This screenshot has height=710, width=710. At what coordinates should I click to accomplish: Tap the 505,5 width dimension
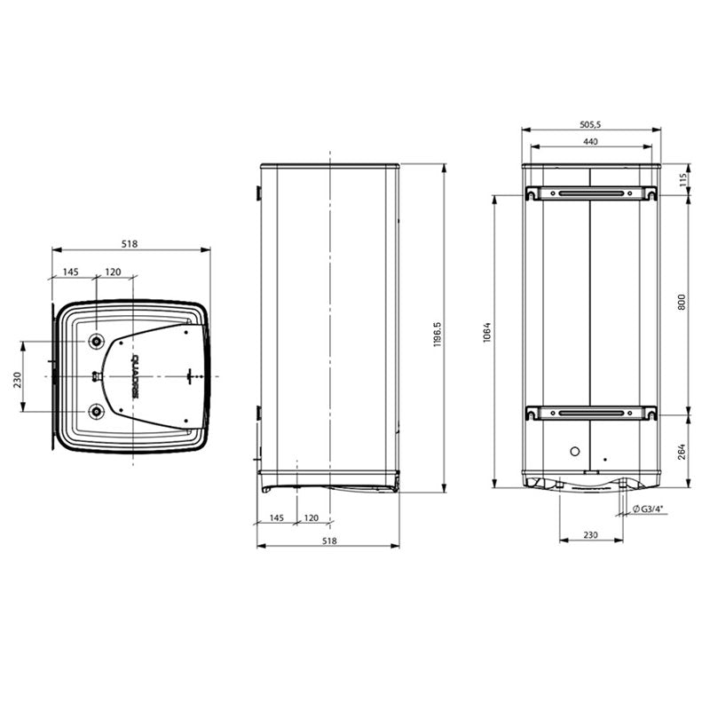point(590,126)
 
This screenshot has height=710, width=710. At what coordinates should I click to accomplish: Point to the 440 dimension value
point(590,142)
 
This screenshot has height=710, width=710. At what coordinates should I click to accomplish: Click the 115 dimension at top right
point(682,179)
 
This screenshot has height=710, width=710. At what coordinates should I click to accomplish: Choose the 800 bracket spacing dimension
point(682,303)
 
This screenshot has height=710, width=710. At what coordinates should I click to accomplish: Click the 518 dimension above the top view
point(130,244)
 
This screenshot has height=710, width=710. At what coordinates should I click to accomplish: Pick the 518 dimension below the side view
point(329,540)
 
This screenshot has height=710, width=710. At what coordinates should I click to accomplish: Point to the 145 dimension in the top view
point(72,272)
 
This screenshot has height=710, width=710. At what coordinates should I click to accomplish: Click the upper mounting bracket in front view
point(590,193)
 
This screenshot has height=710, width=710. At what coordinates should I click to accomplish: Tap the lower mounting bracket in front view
point(590,412)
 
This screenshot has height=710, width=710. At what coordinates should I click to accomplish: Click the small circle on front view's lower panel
point(574,450)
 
